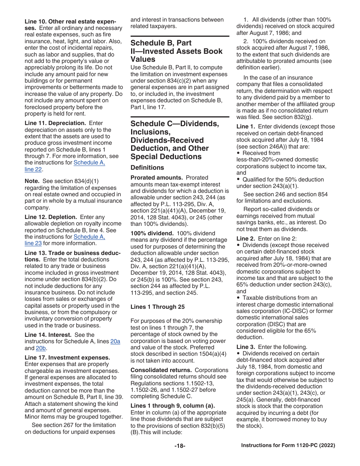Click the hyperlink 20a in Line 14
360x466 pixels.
tap(115, 341)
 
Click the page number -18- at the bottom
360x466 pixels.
tap(180, 446)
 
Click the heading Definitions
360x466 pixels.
tap(147, 167)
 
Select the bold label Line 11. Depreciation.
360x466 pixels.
tap(55, 123)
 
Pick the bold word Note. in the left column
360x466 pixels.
tap(32, 181)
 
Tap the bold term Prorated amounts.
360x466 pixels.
tap(153, 178)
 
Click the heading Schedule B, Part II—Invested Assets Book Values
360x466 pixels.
tap(176, 51)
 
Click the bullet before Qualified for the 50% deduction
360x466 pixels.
tap(238, 180)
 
